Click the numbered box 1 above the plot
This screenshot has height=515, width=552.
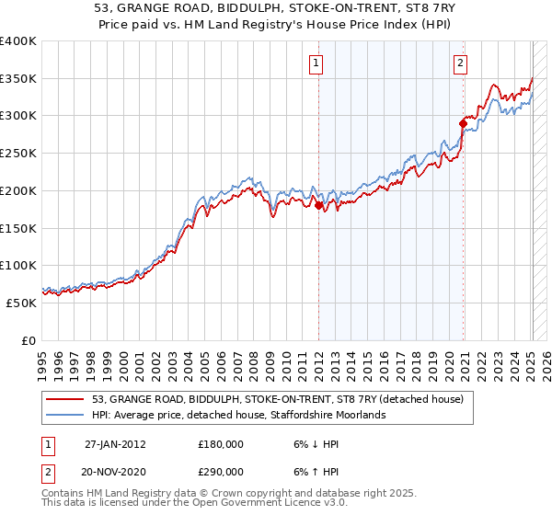tap(316, 63)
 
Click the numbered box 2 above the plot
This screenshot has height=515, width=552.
tap(459, 63)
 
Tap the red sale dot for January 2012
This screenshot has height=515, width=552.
tap(319, 206)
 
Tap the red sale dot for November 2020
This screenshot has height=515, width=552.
tap(463, 122)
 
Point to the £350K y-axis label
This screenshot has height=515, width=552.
tap(18, 79)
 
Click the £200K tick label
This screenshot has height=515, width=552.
tap(18, 190)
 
